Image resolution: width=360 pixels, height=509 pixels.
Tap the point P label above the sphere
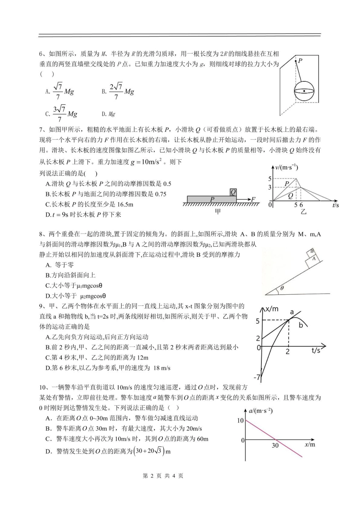point(300,61)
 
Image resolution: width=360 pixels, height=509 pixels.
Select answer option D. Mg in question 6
point(108,114)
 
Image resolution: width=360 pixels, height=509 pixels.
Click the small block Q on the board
point(233,192)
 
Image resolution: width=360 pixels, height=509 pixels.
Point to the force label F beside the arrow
point(253,199)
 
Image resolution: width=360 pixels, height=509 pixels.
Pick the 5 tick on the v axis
point(270,179)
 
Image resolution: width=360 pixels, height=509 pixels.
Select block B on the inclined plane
point(311,251)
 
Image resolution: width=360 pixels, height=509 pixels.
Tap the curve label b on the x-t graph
point(301,325)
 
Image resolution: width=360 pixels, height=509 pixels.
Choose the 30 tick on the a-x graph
point(275,446)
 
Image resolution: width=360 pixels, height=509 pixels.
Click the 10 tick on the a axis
point(240,420)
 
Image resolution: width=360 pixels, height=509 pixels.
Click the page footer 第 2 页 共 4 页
point(163,476)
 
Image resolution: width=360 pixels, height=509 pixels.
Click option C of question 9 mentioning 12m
point(97,357)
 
